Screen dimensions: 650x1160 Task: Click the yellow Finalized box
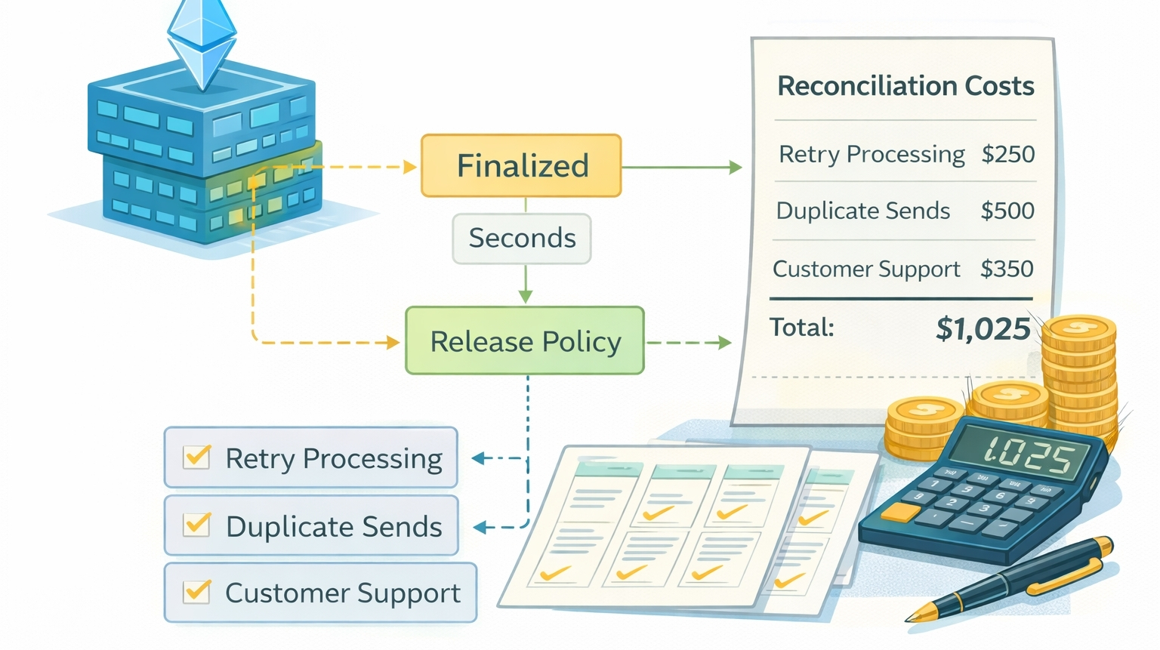(521, 166)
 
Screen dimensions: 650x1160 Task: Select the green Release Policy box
(525, 341)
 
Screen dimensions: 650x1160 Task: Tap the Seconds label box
(522, 239)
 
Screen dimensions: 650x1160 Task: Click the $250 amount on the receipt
(1007, 154)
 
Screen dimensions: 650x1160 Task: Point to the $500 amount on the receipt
(1007, 211)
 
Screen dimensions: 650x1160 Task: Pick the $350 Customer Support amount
(1007, 269)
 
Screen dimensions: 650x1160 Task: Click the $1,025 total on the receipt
(983, 328)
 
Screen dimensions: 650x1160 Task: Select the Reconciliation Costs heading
(905, 86)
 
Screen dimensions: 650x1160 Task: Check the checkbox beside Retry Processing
(197, 457)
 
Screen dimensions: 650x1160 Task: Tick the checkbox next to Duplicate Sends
(197, 524)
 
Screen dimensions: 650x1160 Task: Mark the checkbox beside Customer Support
(197, 591)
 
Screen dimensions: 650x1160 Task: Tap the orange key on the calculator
(900, 513)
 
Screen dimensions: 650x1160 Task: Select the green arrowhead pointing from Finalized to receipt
(736, 167)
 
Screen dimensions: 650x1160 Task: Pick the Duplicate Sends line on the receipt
(862, 211)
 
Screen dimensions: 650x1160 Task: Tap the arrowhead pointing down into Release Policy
(526, 296)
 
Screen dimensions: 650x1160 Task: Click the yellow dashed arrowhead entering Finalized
(410, 167)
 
